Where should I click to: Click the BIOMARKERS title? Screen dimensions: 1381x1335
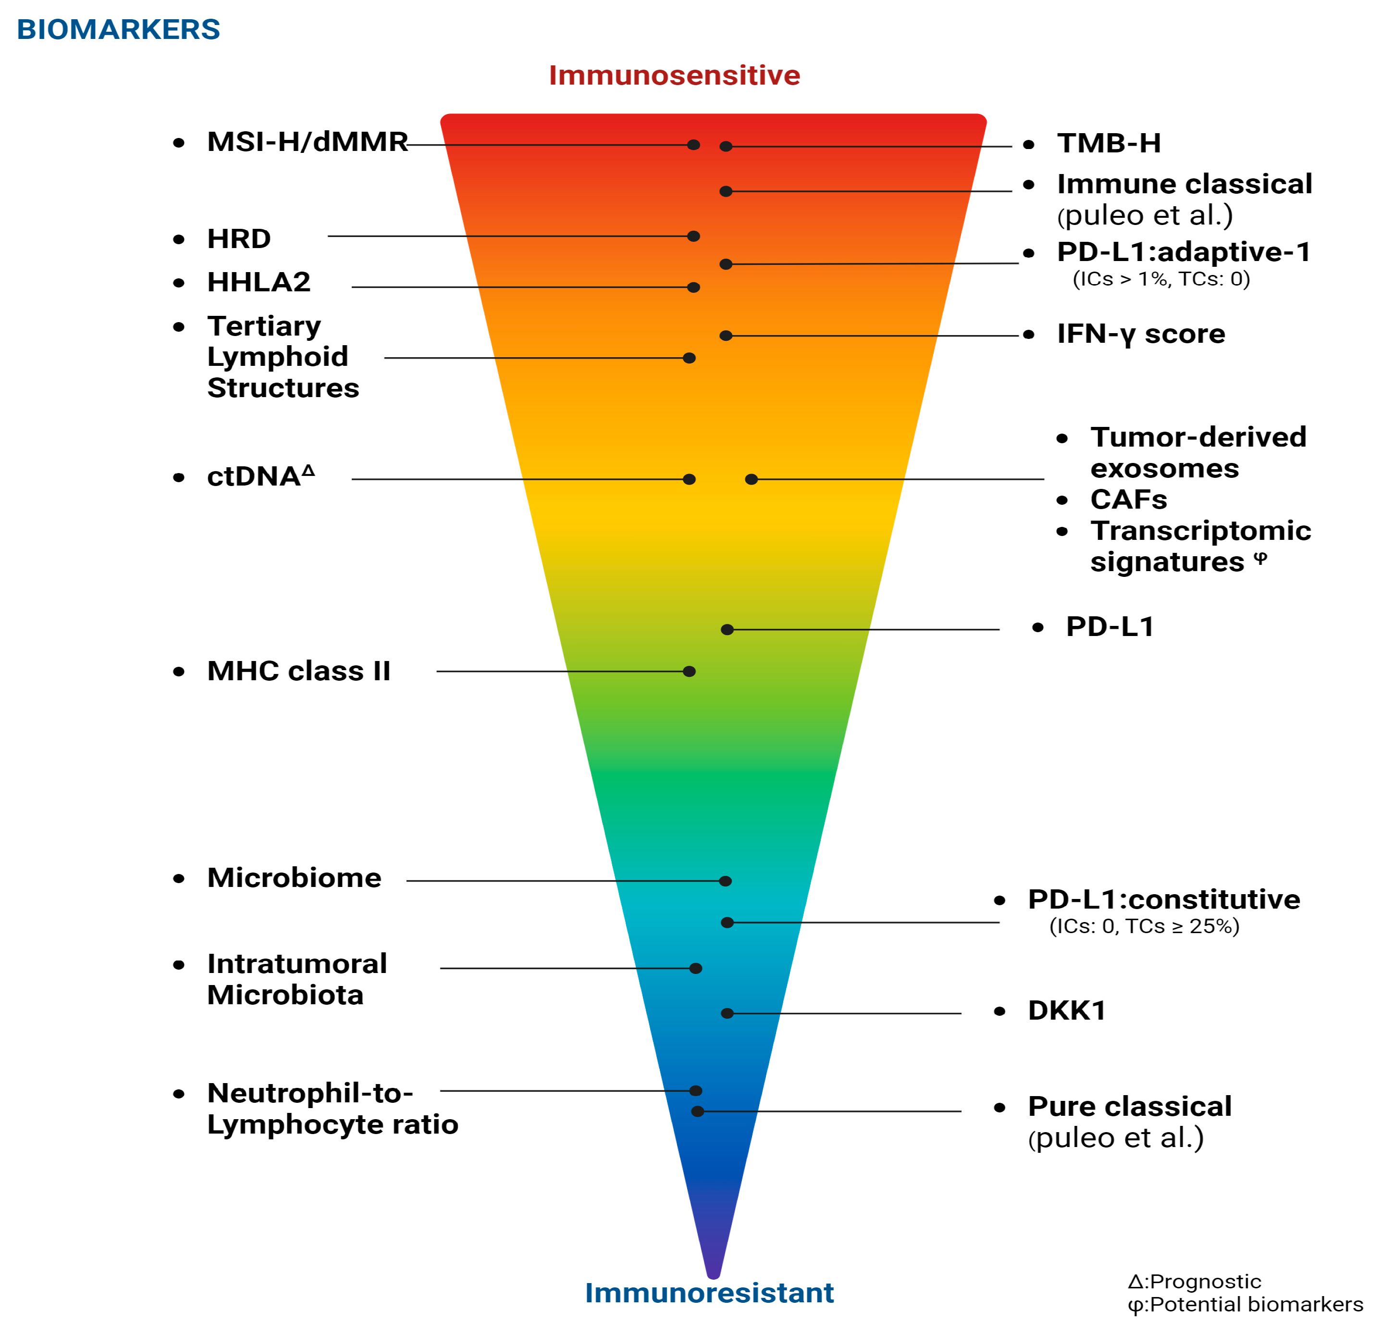[118, 30]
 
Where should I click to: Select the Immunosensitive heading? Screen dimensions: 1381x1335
[674, 75]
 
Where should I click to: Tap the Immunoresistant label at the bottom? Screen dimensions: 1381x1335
[709, 1293]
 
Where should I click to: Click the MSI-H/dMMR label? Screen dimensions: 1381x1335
[307, 142]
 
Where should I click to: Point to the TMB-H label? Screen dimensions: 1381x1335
[1109, 143]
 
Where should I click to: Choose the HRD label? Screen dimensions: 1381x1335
[239, 239]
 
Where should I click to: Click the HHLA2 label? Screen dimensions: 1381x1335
[259, 282]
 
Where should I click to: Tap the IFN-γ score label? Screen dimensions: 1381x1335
[1141, 334]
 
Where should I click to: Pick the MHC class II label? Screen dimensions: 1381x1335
[299, 671]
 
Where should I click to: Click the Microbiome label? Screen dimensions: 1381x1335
[294, 877]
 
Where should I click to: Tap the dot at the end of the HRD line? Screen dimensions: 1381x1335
[693, 236]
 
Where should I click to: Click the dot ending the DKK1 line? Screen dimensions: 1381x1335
[727, 1013]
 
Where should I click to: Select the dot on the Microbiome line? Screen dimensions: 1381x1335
[725, 881]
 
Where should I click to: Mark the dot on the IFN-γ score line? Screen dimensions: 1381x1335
[726, 336]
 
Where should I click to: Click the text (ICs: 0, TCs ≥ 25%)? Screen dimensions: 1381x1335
[1144, 926]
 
